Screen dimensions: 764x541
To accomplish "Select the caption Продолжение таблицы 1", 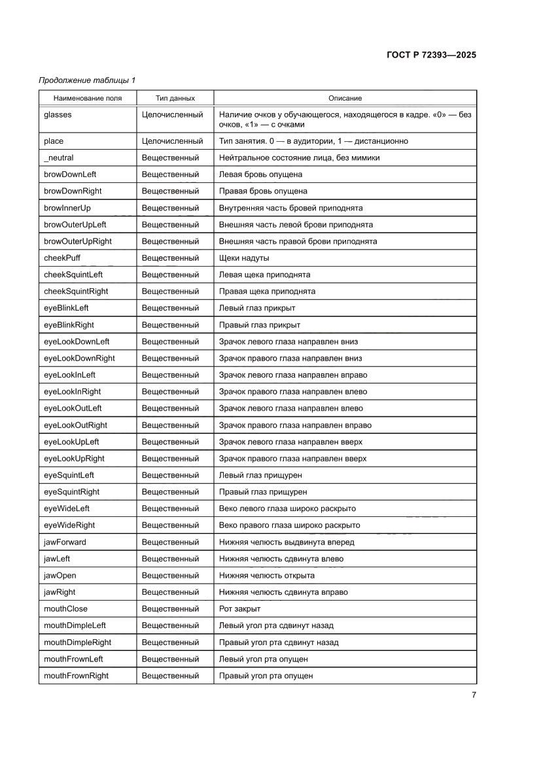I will (x=87, y=81).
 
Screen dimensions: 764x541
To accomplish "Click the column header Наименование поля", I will (x=88, y=98).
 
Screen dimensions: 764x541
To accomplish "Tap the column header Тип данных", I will (x=175, y=98).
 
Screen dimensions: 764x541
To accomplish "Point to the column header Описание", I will (x=345, y=98).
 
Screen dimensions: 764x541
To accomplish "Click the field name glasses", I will (x=58, y=114).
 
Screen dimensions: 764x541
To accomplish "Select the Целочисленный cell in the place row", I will (x=172, y=141).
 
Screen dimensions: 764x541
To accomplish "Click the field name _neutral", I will (x=59, y=158).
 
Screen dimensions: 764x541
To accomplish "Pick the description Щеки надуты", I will (x=244, y=258).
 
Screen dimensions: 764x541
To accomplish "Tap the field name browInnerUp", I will (x=67, y=208).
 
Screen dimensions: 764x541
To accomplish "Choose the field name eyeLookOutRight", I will (x=75, y=425).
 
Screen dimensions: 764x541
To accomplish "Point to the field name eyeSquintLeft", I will (x=69, y=475).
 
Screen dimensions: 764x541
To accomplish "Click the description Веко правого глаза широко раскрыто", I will (x=289, y=525).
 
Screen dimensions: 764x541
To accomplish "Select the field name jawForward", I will (x=65, y=542).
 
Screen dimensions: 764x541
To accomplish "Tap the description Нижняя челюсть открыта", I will (x=266, y=575).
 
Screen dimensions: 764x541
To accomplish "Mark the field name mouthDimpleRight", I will (x=77, y=642).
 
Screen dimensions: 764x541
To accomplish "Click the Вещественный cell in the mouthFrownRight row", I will (x=170, y=676).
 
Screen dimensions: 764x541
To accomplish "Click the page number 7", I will (x=474, y=695).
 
